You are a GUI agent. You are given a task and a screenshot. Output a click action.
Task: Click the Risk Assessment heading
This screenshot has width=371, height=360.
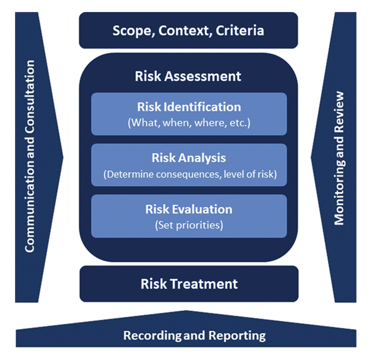point(188,76)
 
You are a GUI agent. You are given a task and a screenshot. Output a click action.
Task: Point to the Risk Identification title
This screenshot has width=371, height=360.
point(189,107)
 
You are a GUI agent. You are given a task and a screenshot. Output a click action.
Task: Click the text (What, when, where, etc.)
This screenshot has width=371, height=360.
point(189,123)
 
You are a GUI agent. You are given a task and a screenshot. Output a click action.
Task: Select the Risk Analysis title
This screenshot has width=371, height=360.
point(189,158)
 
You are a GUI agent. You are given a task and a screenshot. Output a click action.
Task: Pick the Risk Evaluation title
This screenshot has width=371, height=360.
point(189,209)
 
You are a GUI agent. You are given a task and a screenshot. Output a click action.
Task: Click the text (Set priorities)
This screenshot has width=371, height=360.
point(189,225)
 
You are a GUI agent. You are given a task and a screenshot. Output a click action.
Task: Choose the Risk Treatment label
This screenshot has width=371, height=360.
point(189,284)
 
